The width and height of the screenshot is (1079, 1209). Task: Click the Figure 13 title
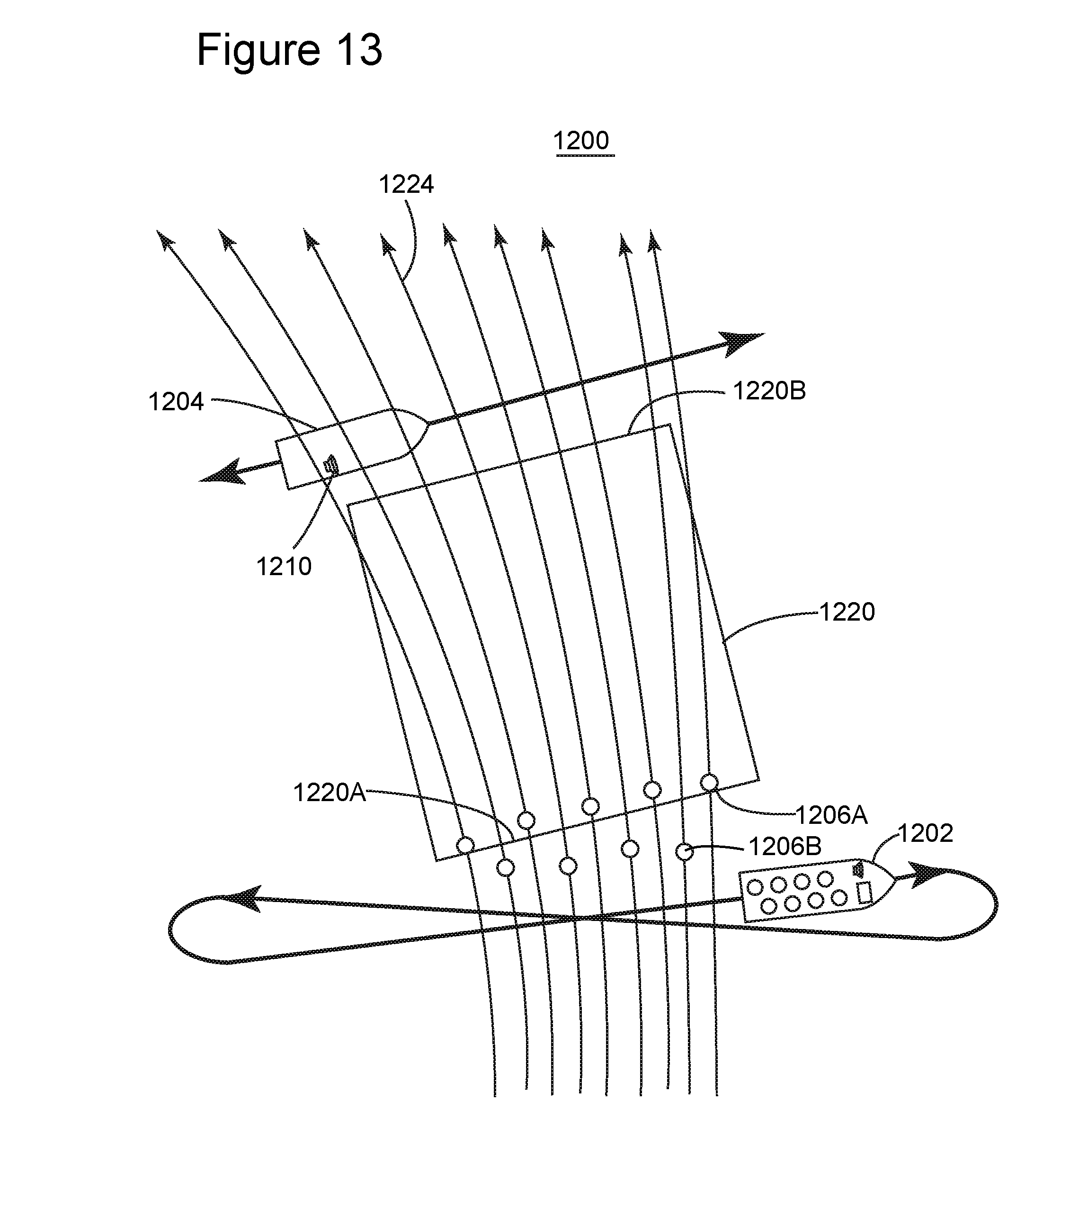pyautogui.click(x=289, y=50)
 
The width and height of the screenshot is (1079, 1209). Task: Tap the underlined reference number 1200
pyautogui.click(x=581, y=141)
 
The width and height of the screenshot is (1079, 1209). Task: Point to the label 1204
pyautogui.click(x=176, y=402)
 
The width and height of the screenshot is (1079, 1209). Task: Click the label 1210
pyautogui.click(x=284, y=567)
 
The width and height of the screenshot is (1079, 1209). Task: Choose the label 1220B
pyautogui.click(x=769, y=391)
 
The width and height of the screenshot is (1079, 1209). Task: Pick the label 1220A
pyautogui.click(x=330, y=793)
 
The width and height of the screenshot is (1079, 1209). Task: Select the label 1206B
pyautogui.click(x=785, y=847)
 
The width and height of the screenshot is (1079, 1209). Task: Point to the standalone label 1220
pyautogui.click(x=847, y=612)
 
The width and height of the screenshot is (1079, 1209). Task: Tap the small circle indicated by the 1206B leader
pyautogui.click(x=684, y=852)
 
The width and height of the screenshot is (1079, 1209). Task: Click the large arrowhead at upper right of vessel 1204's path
pyautogui.click(x=741, y=342)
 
